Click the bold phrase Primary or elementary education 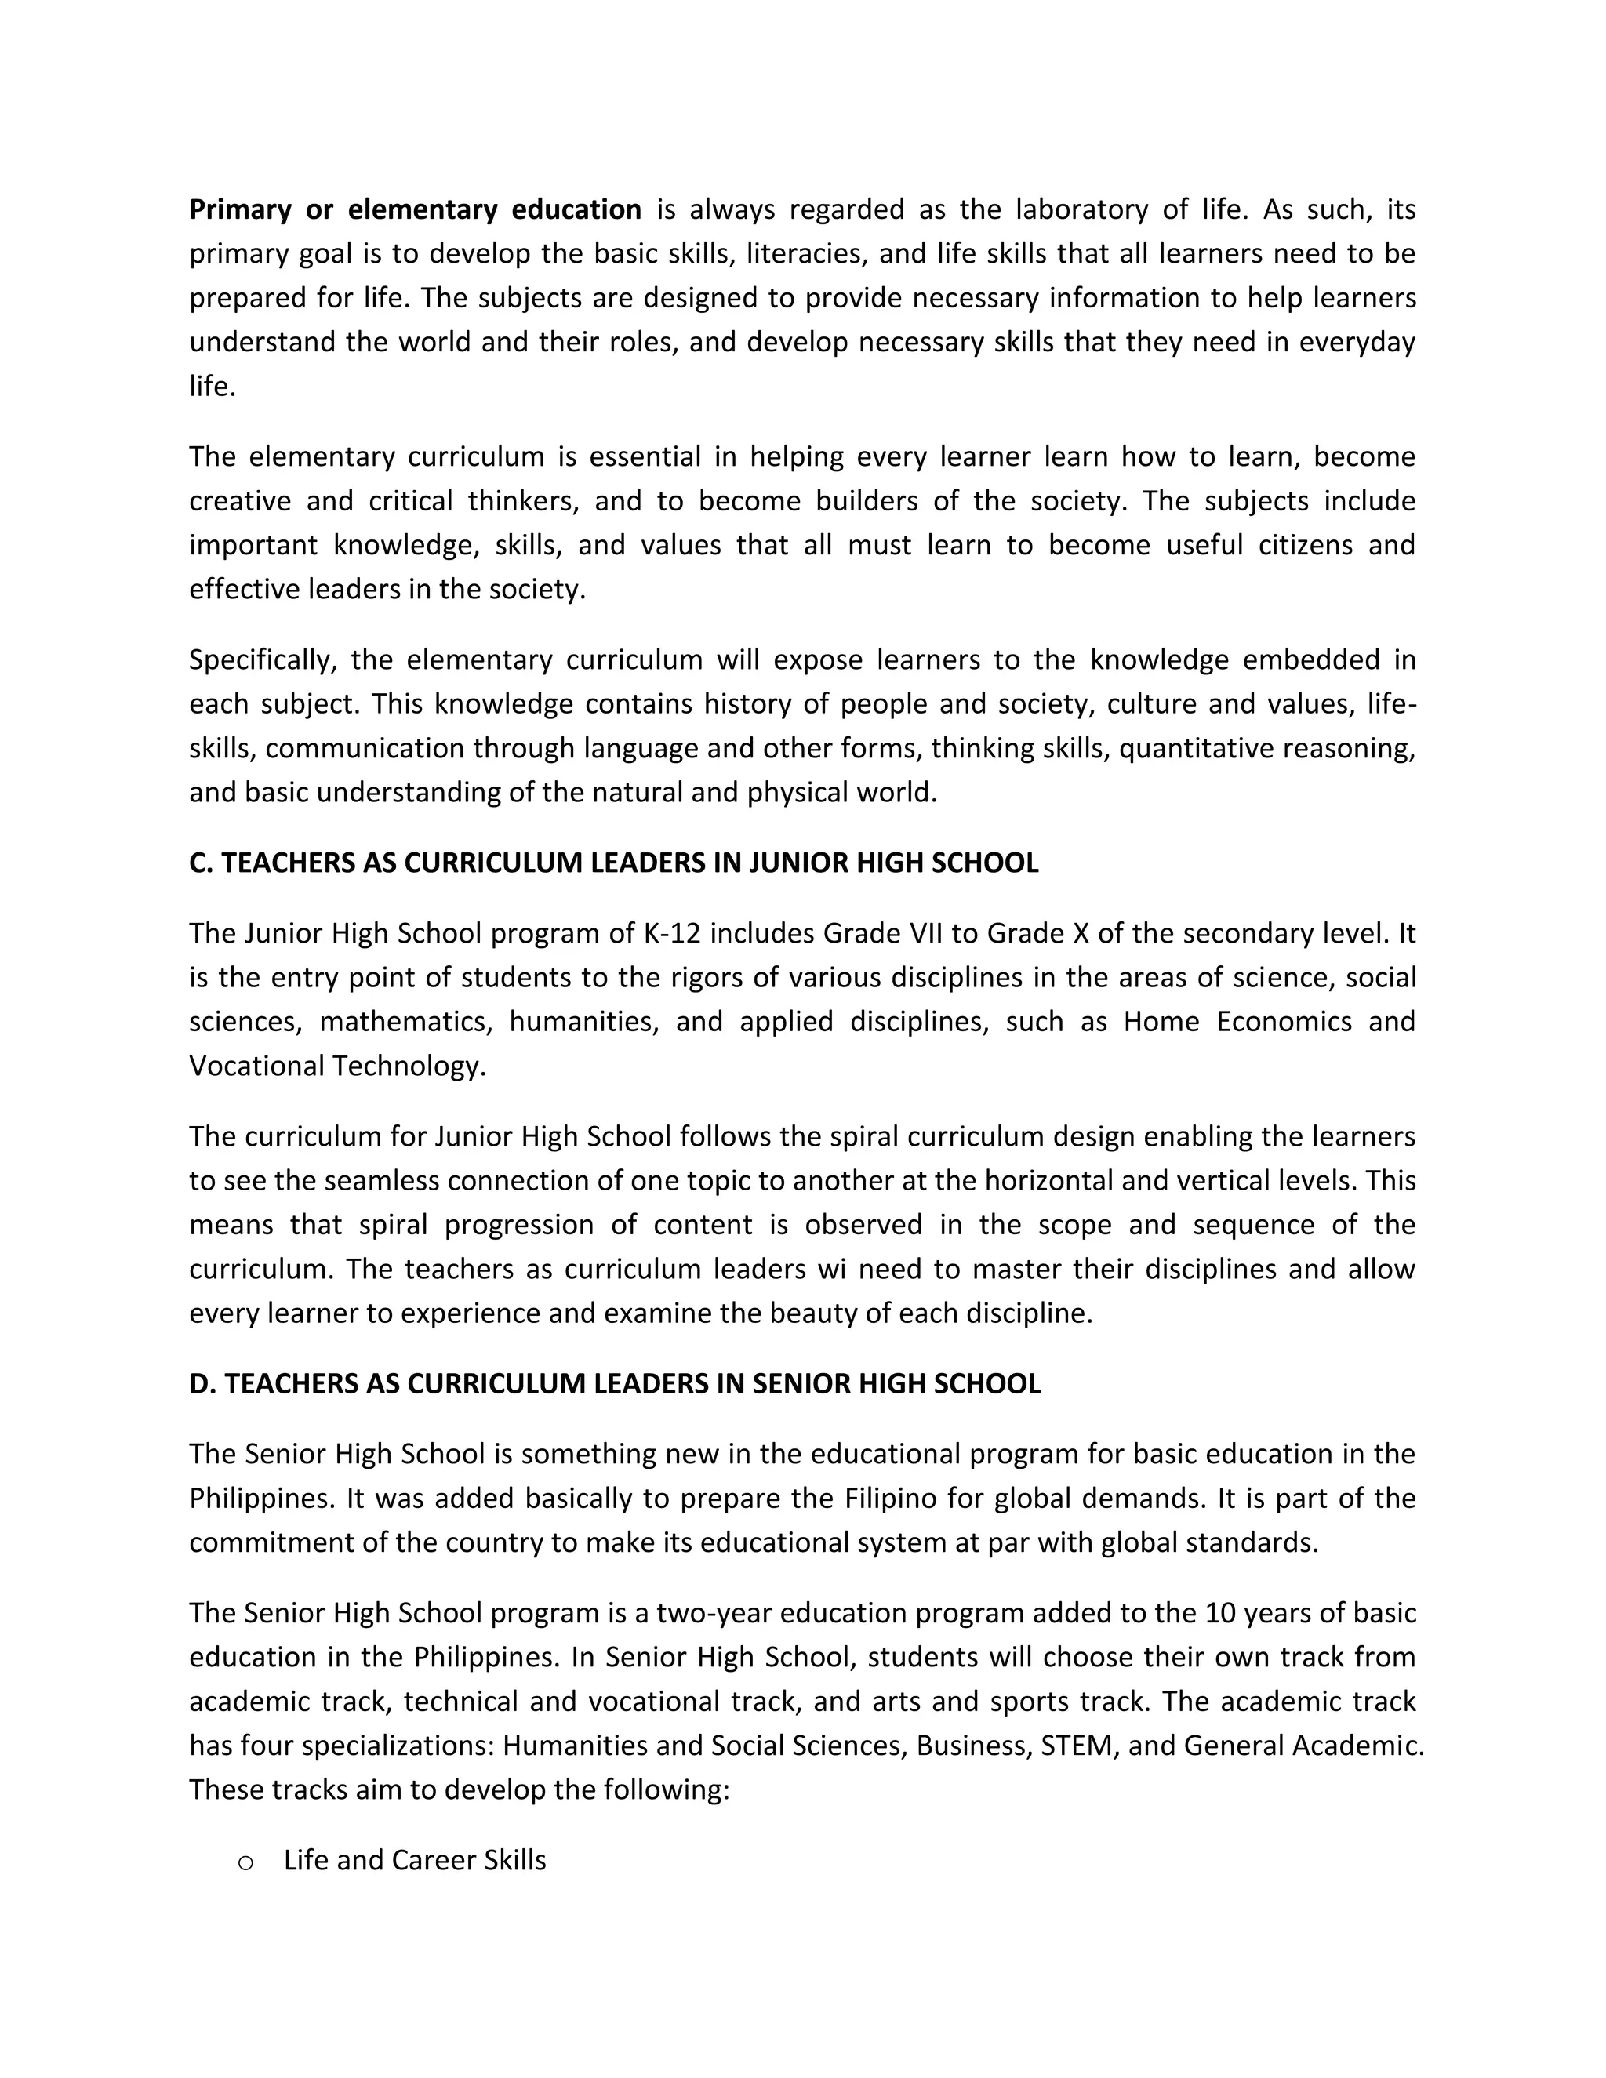(415, 209)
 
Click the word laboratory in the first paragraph (1081, 209)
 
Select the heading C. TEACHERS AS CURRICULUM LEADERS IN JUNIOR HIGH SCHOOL (614, 863)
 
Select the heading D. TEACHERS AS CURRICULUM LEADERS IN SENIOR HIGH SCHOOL (615, 1383)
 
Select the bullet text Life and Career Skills (415, 1861)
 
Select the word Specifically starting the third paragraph (263, 660)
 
